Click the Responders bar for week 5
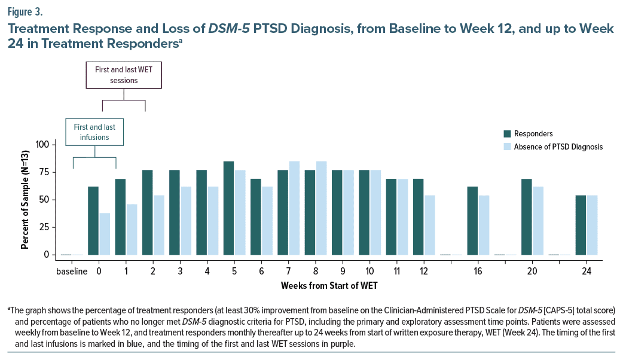pos(229,208)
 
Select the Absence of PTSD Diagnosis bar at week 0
pos(104,234)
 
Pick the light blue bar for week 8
pos(321,208)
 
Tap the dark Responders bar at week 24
pos(581,225)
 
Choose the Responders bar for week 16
pos(472,221)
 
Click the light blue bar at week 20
pos(538,221)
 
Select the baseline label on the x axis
pos(72,270)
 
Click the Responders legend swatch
pos(508,133)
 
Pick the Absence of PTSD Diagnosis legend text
pos(560,147)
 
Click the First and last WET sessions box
pos(124,75)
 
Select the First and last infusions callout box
pos(94,132)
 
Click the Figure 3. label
pos(26,10)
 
